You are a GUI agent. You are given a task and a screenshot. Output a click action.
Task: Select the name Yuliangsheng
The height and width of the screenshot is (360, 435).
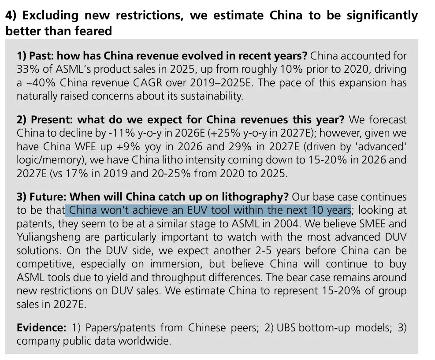click(x=48, y=237)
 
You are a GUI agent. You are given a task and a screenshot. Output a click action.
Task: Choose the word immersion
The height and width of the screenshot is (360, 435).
click(x=175, y=264)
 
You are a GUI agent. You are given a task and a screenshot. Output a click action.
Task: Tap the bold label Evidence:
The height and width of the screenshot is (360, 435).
click(x=41, y=327)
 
